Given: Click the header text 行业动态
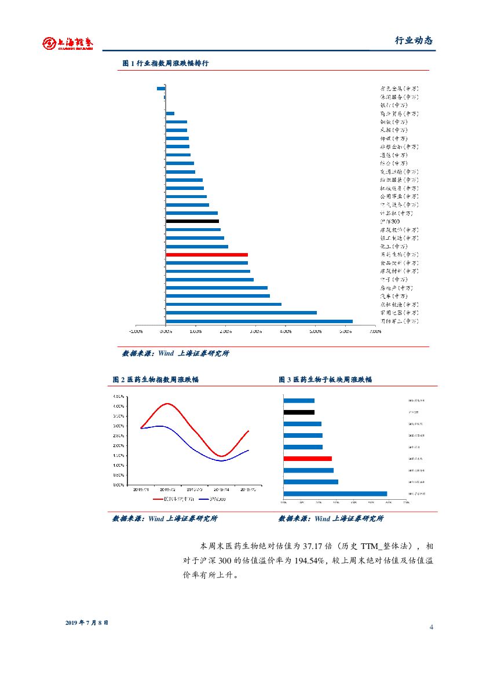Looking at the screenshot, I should pos(414,41).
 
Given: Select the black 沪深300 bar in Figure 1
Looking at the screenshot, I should pos(192,221).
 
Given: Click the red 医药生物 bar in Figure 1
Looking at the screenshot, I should pos(207,255).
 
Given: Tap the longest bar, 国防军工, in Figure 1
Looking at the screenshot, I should pos(259,321).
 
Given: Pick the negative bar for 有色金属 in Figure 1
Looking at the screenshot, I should pos(161,88).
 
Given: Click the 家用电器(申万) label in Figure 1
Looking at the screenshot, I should pos(399,313).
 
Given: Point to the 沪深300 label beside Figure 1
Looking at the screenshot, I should pos(390,222).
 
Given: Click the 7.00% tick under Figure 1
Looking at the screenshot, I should pos(375,332).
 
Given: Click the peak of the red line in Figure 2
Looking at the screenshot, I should pos(167,403).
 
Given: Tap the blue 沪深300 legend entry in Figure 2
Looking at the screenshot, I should pos(212,499).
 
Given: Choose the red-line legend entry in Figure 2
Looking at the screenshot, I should pos(173,499).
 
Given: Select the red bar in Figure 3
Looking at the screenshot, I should pos(308,459).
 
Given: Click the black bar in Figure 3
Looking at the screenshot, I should pos(299,412).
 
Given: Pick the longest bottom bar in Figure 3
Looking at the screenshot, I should pos(335,493).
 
